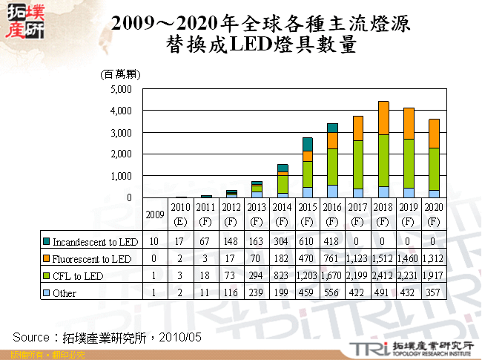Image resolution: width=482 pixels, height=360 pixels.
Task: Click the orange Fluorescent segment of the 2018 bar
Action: [x=383, y=118]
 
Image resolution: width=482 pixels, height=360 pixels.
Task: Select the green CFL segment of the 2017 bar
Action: [x=358, y=164]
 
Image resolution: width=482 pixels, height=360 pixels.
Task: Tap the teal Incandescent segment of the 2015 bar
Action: [x=307, y=144]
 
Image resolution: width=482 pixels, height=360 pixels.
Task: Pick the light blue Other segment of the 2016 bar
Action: [x=332, y=192]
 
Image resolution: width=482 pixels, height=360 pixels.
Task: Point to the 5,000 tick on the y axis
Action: [x=120, y=89]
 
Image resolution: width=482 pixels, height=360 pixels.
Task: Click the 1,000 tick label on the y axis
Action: [x=120, y=176]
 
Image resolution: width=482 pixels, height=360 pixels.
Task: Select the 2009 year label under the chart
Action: [x=154, y=215]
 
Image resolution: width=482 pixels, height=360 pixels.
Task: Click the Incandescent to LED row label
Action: [x=94, y=242]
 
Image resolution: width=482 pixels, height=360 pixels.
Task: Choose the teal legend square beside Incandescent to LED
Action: [x=46, y=242]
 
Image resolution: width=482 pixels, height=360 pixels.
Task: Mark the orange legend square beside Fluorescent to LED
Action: [x=46, y=259]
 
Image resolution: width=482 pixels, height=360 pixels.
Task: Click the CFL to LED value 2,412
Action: [x=383, y=276]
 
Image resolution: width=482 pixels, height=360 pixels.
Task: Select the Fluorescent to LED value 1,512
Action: [x=383, y=259]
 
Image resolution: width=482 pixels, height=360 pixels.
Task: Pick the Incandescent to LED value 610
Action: [x=307, y=242]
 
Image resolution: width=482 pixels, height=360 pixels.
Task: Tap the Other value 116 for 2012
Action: [x=231, y=293]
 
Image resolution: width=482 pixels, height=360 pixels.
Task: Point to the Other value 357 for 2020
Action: [x=435, y=293]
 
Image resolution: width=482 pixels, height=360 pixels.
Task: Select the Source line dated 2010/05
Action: [x=108, y=337]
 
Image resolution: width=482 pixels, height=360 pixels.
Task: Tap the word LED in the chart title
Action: [x=254, y=45]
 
